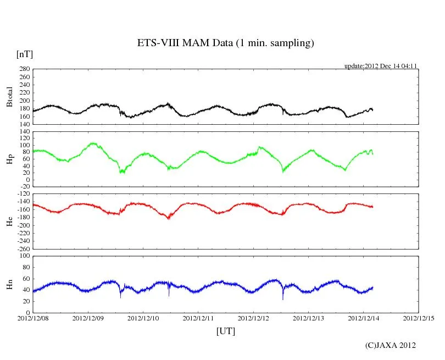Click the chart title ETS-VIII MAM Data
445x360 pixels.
point(225,43)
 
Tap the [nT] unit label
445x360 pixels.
point(25,54)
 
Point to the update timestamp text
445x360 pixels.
point(381,66)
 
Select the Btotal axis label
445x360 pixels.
point(9,97)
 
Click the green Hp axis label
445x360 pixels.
point(9,159)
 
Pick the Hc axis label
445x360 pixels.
point(9,221)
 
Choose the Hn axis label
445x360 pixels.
point(9,284)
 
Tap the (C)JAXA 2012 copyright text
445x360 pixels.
point(390,345)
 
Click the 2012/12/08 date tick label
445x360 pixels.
point(33,318)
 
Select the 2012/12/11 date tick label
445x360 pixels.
point(198,318)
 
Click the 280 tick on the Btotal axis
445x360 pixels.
point(24,69)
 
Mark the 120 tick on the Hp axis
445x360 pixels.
point(24,132)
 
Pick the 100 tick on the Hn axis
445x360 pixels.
point(24,256)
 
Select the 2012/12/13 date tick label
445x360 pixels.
point(308,318)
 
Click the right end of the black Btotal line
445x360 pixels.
point(372,110)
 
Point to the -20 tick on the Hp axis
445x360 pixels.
point(25,186)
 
